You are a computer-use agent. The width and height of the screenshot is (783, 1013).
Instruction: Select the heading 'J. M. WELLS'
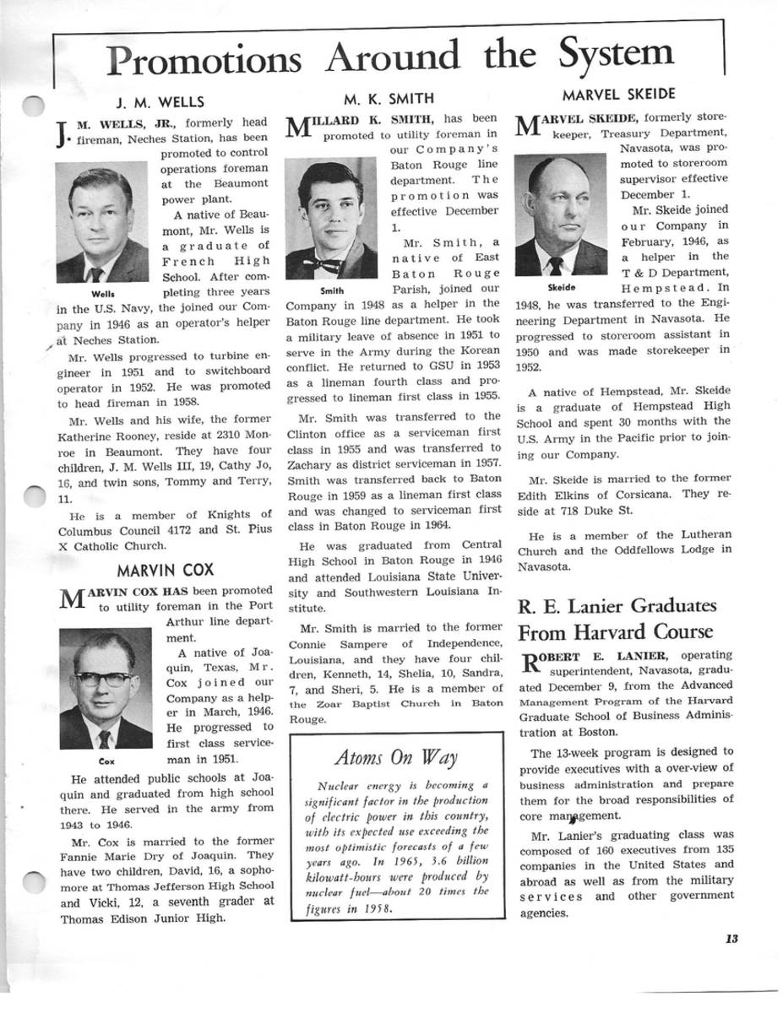click(x=160, y=102)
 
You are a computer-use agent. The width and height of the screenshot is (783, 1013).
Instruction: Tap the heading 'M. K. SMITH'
click(x=389, y=100)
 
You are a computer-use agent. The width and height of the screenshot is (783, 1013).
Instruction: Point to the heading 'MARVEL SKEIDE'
click(x=618, y=94)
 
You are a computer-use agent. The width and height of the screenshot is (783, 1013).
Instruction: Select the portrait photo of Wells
click(x=102, y=223)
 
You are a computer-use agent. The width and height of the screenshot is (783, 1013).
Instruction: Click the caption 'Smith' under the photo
click(x=331, y=290)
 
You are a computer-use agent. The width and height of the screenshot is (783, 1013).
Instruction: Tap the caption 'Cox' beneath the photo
click(x=106, y=760)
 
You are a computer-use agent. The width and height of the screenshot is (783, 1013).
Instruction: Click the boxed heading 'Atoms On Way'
click(x=397, y=756)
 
